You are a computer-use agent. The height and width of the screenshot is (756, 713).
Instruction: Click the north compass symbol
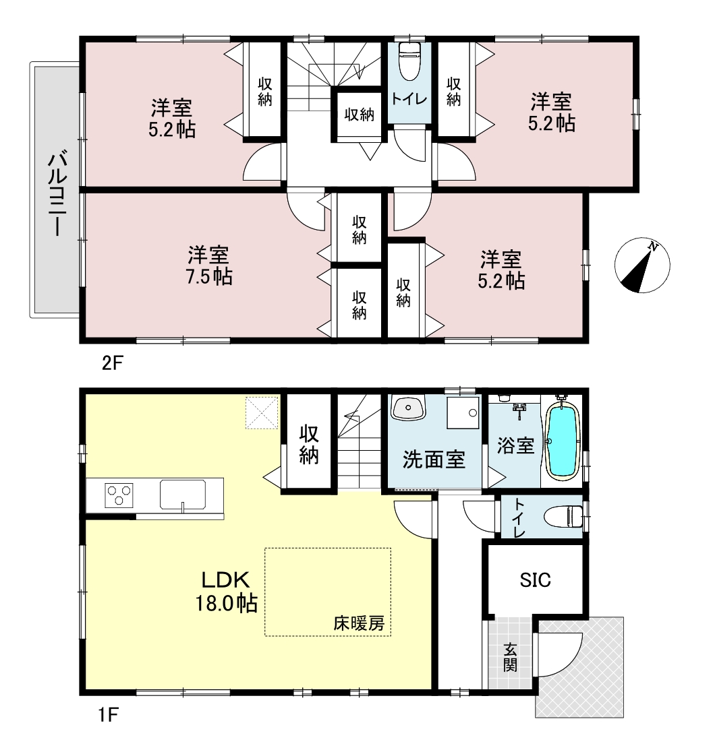click(x=642, y=265)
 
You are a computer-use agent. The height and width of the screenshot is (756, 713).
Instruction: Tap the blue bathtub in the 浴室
click(x=562, y=441)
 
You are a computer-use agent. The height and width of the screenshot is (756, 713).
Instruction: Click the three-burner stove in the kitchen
click(x=119, y=495)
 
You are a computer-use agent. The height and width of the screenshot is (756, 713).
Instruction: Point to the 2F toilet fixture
click(x=409, y=61)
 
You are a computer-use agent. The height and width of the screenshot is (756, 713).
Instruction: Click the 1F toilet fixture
click(x=563, y=516)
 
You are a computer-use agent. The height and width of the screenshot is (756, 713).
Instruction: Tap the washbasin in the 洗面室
click(x=408, y=408)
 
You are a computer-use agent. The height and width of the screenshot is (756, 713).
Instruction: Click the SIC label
click(x=536, y=579)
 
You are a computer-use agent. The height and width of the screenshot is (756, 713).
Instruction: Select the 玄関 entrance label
click(x=510, y=658)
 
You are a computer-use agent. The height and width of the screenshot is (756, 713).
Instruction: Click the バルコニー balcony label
click(x=57, y=193)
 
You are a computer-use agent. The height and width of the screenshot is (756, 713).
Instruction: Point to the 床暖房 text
click(x=359, y=623)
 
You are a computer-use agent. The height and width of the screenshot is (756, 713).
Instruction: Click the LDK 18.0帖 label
click(x=226, y=591)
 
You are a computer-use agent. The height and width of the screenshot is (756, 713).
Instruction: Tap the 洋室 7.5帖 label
click(x=208, y=265)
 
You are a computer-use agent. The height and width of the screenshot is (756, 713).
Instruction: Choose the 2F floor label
click(x=113, y=363)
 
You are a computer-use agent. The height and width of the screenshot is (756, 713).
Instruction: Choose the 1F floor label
click(x=109, y=714)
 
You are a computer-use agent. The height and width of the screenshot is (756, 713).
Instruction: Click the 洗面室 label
click(x=434, y=460)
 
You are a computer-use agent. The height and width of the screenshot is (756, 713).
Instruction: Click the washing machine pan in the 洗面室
click(x=463, y=413)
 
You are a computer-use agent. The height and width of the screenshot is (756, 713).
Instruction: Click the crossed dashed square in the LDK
click(x=262, y=413)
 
